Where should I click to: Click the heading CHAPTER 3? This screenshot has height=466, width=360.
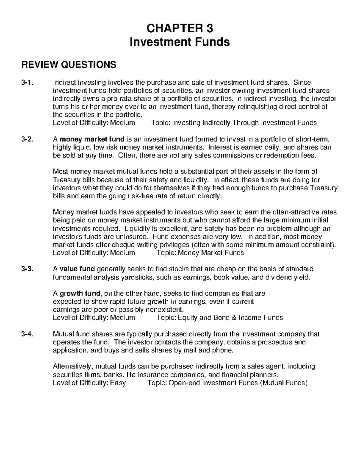tap(180, 29)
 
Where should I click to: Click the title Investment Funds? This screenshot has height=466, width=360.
tap(180, 42)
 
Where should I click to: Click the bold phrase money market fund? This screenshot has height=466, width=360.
tap(92, 139)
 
